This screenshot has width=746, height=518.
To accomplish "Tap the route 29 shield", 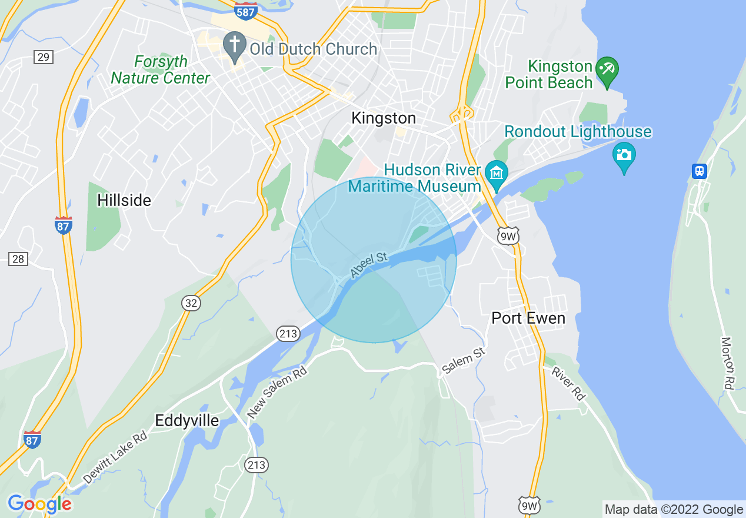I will [x=44, y=57].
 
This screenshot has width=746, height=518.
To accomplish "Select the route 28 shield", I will [x=18, y=258].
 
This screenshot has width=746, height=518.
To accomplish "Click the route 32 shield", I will [x=191, y=303].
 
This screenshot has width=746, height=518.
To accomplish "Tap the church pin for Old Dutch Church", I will [x=235, y=46].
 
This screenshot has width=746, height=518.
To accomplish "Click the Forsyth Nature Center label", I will [x=160, y=70].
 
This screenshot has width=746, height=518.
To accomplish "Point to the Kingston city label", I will [x=384, y=118].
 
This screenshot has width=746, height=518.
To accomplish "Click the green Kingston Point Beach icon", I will [x=605, y=69].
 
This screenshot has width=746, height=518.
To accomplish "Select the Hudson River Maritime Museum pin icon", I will [x=497, y=174].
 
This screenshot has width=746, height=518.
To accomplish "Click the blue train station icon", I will [x=699, y=171].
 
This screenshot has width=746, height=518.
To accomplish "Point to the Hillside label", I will [x=124, y=201].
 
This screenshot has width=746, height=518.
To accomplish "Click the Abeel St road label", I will [x=369, y=265].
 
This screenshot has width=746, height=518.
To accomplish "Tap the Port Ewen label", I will [x=528, y=318].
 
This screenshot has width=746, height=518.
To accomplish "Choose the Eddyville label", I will [x=186, y=421].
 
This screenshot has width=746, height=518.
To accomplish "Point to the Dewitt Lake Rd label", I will [x=115, y=458].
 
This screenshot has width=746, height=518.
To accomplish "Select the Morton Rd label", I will [x=728, y=363].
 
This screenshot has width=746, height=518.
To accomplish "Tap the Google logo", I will [x=39, y=504].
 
